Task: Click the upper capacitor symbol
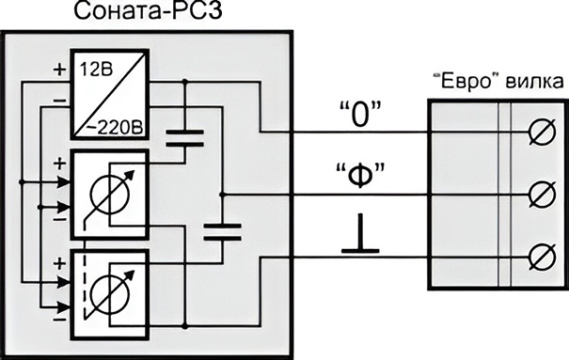(184, 139)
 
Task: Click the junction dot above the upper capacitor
(184, 82)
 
